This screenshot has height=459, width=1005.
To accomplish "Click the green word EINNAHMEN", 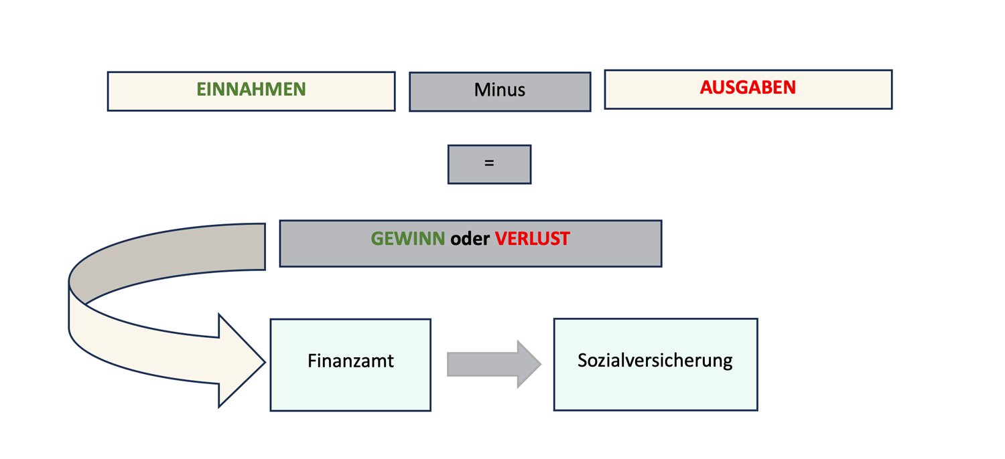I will tap(251, 90).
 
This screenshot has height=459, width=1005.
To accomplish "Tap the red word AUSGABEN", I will tap(748, 88).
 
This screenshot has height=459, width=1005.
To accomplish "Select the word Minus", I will tap(499, 90).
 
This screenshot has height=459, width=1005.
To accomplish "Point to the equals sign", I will tap(489, 163).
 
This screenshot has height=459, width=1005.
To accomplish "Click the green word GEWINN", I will tap(407, 239).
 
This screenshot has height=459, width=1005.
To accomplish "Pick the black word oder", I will tap(470, 239).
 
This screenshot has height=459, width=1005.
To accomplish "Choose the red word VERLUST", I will tap(532, 239).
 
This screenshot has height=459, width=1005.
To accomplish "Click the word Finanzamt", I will tap(350, 361).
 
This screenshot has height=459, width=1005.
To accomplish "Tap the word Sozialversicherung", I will tap(655, 361).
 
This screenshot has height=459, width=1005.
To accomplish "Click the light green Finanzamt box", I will tap(350, 391).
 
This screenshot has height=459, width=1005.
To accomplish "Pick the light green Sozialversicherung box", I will tap(655, 391).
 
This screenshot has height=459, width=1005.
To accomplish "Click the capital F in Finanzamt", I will tap(312, 361).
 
